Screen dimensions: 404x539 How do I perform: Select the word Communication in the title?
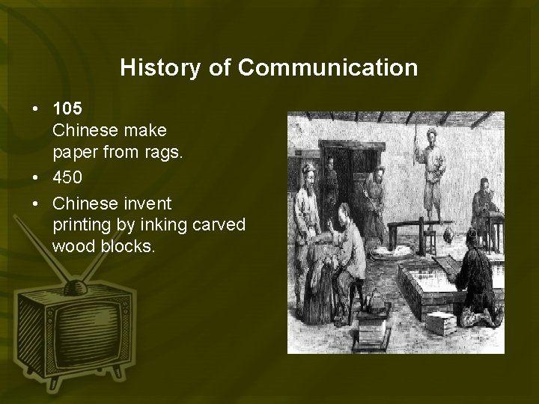[x=329, y=68]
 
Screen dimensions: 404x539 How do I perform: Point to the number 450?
[x=67, y=183]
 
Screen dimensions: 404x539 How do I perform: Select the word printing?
[x=79, y=224]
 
